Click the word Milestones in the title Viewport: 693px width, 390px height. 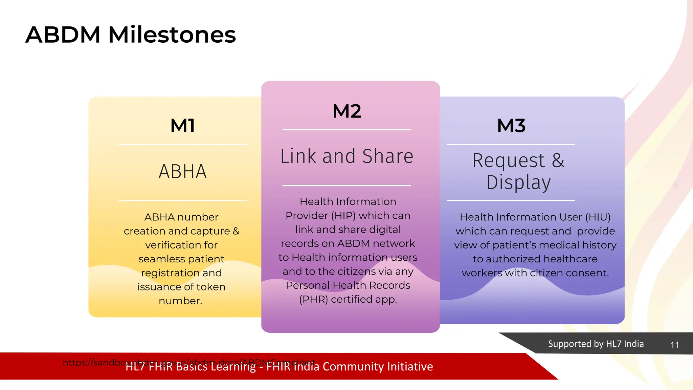point(172,35)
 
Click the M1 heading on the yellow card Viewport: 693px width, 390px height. point(183,126)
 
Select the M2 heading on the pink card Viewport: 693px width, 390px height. point(347,111)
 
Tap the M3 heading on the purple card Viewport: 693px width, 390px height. point(511,126)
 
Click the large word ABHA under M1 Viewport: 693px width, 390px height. point(183,172)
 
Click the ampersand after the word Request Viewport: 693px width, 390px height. point(558,160)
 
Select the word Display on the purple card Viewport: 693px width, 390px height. point(518,183)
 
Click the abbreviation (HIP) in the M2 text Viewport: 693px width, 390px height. point(343,216)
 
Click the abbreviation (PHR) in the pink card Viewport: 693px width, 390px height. point(313,300)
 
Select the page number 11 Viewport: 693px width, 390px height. point(674,345)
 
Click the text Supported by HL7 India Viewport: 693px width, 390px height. point(596,344)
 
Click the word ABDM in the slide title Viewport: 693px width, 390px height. point(63,35)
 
